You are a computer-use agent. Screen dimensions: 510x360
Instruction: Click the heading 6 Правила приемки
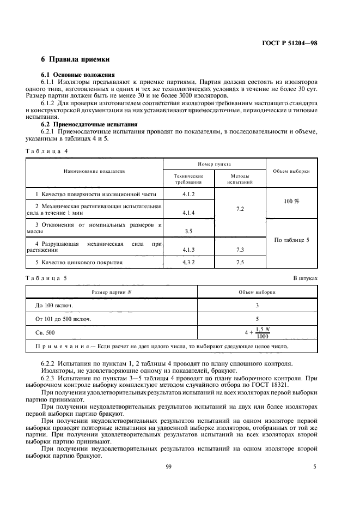tap(76, 59)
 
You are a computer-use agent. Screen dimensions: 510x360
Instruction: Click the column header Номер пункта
tap(214, 163)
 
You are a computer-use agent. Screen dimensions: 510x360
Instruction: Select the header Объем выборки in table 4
tap(292, 171)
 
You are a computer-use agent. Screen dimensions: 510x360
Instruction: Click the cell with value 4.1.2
tap(188, 194)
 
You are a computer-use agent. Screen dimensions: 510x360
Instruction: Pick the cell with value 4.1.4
tap(188, 212)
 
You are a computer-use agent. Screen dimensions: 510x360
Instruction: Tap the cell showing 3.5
tap(188, 231)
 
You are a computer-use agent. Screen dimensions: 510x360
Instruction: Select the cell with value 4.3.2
tap(188, 262)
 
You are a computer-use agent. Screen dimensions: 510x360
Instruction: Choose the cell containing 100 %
tap(291, 202)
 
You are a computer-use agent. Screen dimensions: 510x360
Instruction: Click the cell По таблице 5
tap(291, 240)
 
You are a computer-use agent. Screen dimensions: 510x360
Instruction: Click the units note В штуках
tap(305, 277)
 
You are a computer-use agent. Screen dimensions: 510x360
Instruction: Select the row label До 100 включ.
tap(54, 305)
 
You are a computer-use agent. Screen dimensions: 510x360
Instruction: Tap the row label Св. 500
tap(45, 331)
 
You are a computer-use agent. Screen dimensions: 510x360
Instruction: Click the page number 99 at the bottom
tap(168, 466)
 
